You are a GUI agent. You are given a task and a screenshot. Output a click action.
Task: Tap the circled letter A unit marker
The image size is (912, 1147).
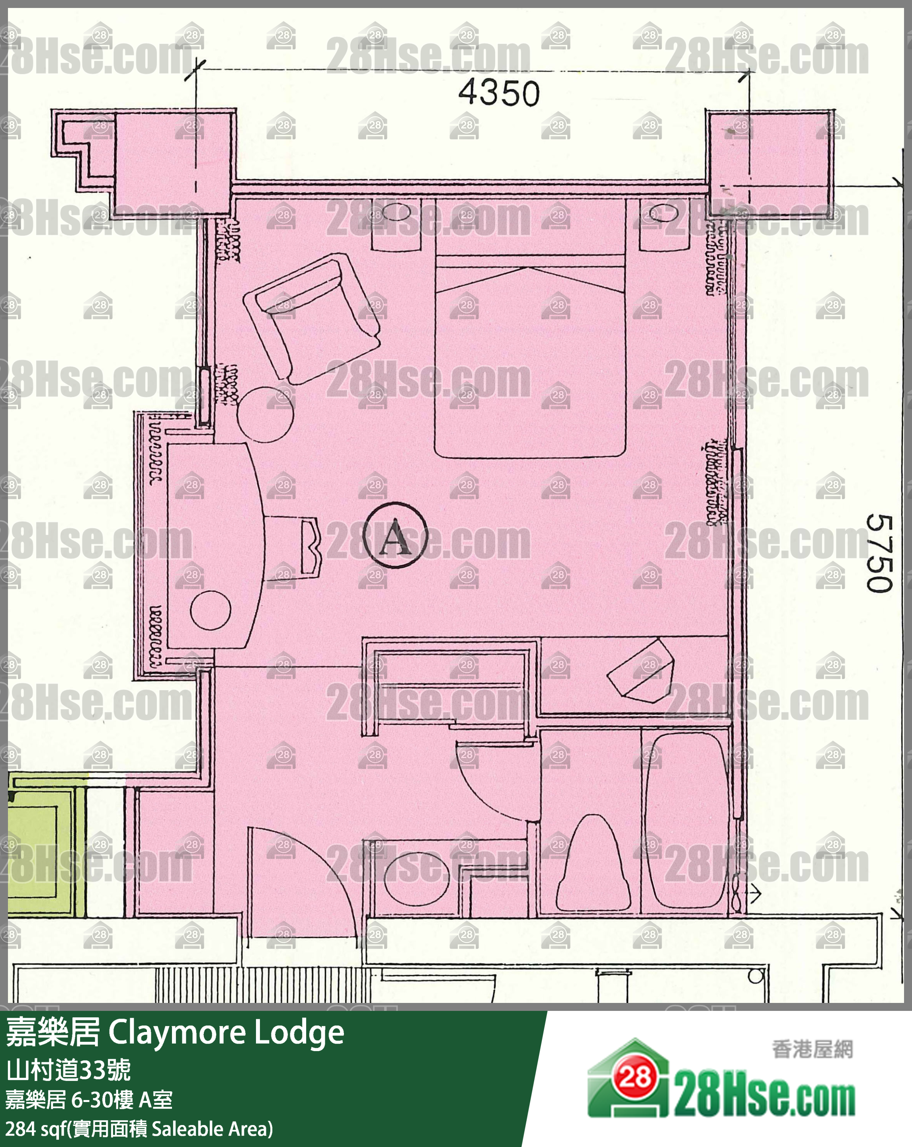pos(395,536)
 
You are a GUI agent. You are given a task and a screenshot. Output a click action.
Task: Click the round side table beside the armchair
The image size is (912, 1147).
pos(266,414)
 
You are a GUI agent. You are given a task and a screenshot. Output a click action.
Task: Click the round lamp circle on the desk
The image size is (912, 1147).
pos(210,610)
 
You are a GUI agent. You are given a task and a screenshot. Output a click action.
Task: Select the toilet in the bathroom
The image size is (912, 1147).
pos(593,864)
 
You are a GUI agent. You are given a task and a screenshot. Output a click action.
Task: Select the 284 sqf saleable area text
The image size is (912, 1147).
pos(139,1128)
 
